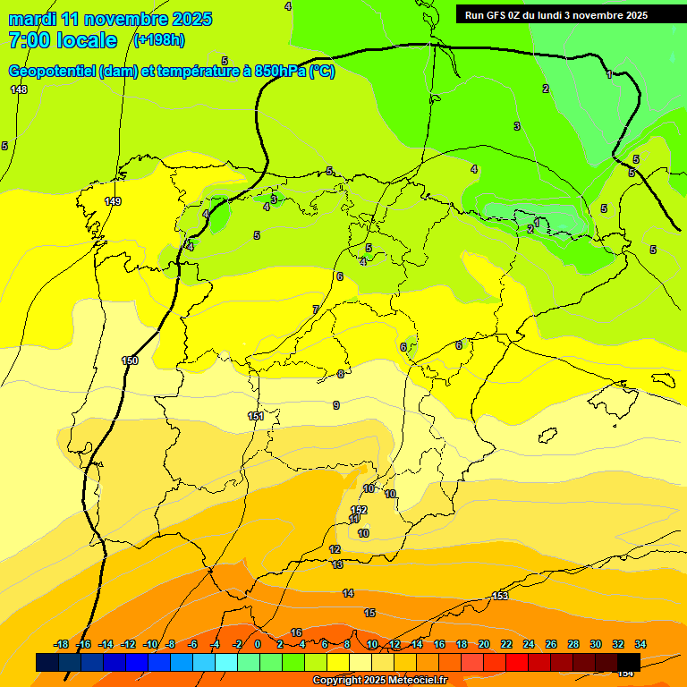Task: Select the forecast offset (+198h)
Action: (x=158, y=39)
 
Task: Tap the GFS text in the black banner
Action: (x=497, y=15)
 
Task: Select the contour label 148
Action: (x=19, y=89)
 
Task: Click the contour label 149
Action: (x=113, y=201)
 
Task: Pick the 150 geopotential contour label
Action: (x=130, y=360)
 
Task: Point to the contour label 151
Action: (x=256, y=416)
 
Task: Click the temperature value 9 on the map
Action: (x=336, y=405)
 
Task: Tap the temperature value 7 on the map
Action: (x=315, y=310)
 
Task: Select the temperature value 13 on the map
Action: (x=337, y=564)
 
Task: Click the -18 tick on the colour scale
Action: (x=61, y=644)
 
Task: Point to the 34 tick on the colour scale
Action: (x=640, y=644)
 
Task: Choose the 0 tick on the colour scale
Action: (x=258, y=644)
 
